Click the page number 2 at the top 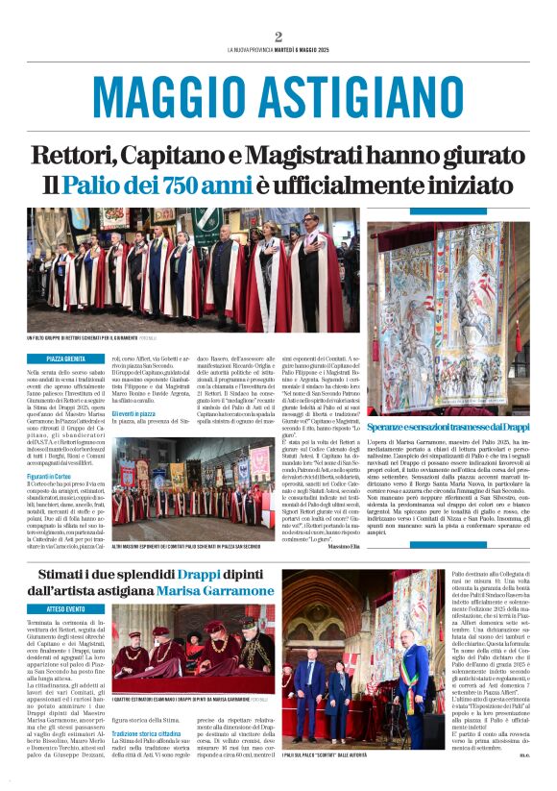click(278, 37)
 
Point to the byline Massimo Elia click(342, 546)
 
